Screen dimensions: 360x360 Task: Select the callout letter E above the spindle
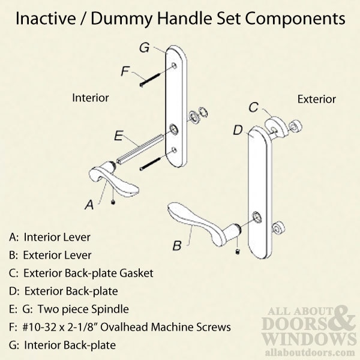tap(118, 136)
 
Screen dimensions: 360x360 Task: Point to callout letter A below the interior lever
tap(89, 205)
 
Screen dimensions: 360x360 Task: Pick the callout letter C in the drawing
tap(253, 108)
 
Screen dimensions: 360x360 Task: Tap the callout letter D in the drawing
tap(238, 130)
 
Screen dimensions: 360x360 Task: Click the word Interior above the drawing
tap(90, 97)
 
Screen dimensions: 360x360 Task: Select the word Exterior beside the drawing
tap(316, 98)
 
